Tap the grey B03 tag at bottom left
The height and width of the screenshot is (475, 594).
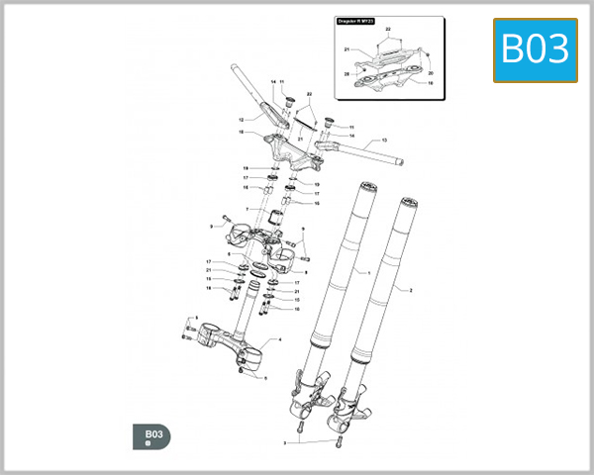coord(151,436)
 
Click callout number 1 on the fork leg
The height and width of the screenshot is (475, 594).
coord(368,271)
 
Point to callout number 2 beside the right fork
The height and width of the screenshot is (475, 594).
coord(410,291)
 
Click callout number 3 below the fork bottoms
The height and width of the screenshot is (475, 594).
coord(285,442)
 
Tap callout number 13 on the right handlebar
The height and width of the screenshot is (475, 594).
coord(383,141)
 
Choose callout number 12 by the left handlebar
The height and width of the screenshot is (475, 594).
coord(240,120)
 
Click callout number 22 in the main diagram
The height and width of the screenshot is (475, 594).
coord(309,94)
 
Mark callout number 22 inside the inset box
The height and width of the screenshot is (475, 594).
coord(387,32)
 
